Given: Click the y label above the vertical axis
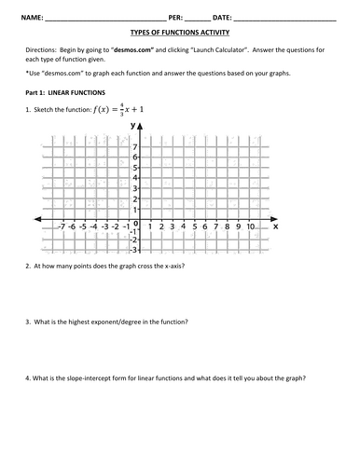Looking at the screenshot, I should (134, 125).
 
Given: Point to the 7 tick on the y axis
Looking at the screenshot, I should (136, 147).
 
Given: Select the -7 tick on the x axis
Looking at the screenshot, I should (60, 226).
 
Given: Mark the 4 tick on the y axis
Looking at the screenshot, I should (136, 178).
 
